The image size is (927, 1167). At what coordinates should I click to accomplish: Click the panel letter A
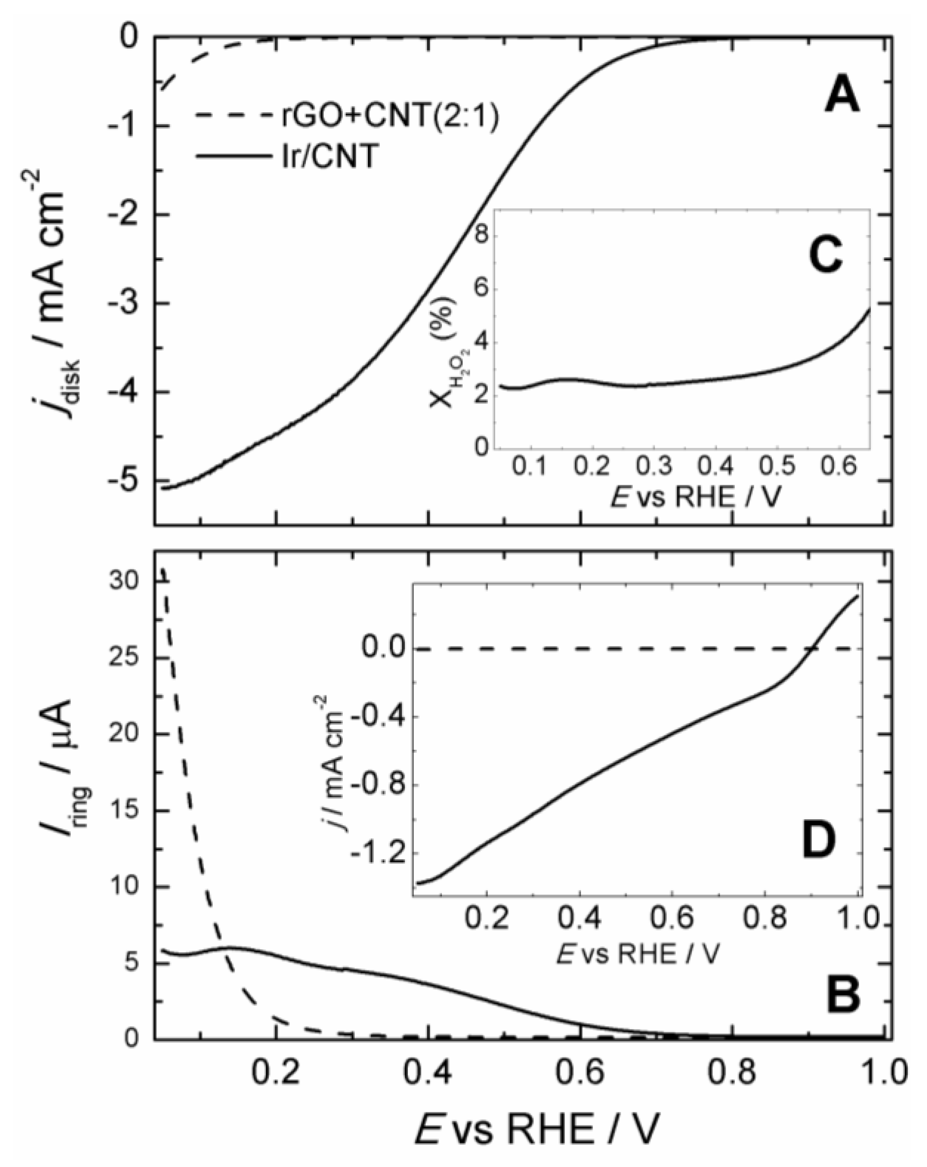click(x=842, y=99)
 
